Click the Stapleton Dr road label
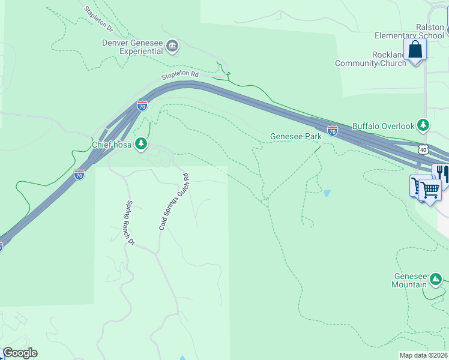click(98, 19)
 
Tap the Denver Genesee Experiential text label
click(132, 47)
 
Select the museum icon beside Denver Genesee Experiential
click(172, 46)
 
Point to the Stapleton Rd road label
click(179, 75)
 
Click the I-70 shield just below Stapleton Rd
click(142, 106)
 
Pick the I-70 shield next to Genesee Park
click(333, 130)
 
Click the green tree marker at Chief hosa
click(140, 143)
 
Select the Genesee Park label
click(295, 136)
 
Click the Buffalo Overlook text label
click(383, 126)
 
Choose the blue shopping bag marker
click(415, 50)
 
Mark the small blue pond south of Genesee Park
click(326, 193)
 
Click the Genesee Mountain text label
click(409, 280)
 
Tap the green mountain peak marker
click(435, 279)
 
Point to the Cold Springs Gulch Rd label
click(173, 202)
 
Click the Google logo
click(20, 353)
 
